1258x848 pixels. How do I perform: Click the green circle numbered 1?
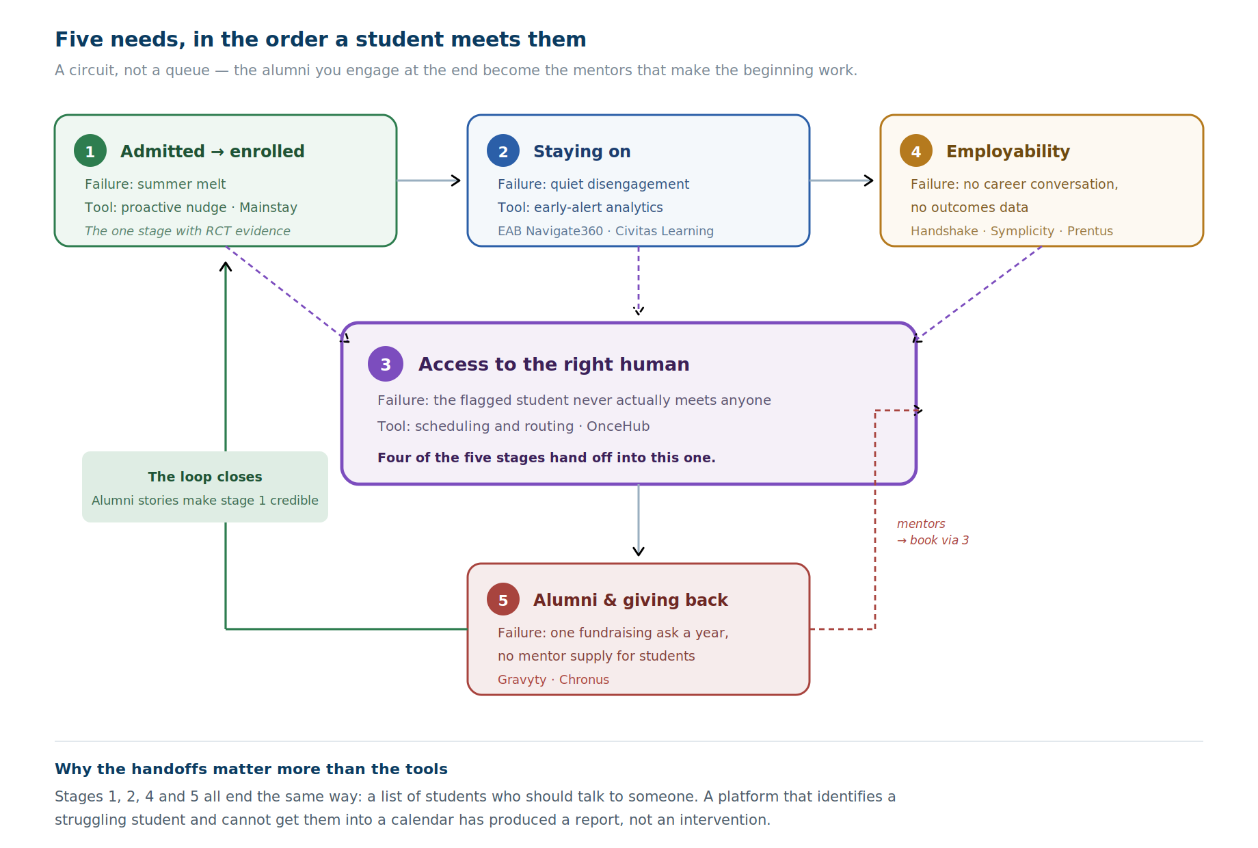[x=90, y=150]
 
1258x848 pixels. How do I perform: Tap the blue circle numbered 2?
[x=503, y=150]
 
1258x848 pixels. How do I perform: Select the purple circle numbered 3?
[x=386, y=364]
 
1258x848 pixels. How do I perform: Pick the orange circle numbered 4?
[x=916, y=150]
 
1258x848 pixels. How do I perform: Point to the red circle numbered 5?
[x=503, y=599]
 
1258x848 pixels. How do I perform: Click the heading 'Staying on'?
[x=582, y=151]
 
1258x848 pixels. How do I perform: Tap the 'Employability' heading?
[x=1008, y=151]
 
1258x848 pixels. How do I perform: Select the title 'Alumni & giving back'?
[x=630, y=600]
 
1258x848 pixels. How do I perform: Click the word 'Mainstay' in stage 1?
[x=268, y=207]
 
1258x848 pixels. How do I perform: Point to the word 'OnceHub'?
[x=618, y=426]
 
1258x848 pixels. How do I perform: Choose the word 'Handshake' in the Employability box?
[x=944, y=231]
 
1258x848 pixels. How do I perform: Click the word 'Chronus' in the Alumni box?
[x=584, y=680]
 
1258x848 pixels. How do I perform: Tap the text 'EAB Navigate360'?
[x=550, y=231]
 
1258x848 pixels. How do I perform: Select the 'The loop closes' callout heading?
[x=205, y=477]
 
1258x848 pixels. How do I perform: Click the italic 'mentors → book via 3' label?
[x=933, y=532]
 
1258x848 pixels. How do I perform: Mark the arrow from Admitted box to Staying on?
[x=429, y=181]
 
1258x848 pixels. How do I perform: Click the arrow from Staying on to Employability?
[x=842, y=181]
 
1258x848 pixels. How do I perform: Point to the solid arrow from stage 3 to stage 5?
[x=639, y=520]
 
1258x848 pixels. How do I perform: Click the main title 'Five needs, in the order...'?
[x=321, y=40]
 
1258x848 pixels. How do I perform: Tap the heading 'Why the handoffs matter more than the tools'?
[x=251, y=769]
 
